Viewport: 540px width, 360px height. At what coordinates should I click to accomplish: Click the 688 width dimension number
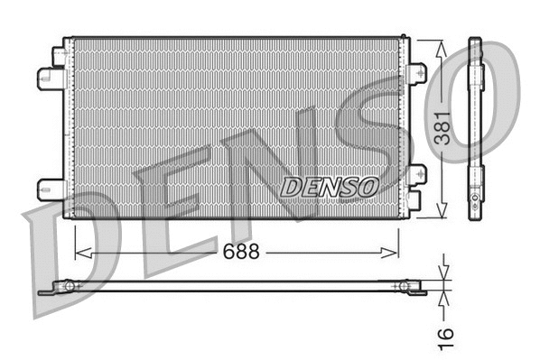click(242, 253)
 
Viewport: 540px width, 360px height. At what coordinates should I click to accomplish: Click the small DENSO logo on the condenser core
click(329, 187)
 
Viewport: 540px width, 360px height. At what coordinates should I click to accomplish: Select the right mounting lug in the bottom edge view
click(405, 287)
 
